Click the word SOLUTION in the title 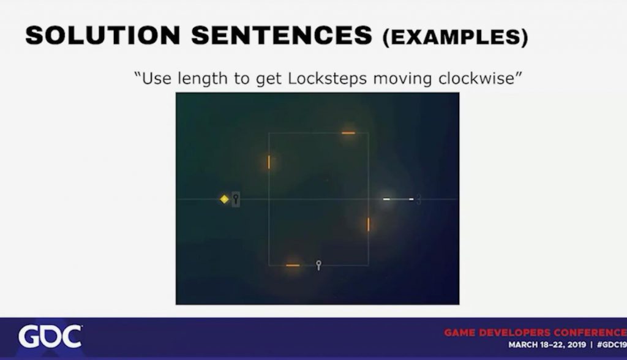click(103, 35)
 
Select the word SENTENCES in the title click(282, 35)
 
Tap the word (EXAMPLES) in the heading click(455, 37)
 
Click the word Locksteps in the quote click(327, 78)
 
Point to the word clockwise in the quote click(476, 78)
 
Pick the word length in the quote click(202, 78)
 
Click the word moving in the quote click(402, 79)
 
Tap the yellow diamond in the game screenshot click(224, 199)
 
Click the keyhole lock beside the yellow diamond click(236, 199)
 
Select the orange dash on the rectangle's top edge click(348, 133)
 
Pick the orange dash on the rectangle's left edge click(269, 162)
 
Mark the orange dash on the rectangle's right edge click(368, 225)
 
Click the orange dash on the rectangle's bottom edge click(293, 265)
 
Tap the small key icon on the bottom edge click(318, 265)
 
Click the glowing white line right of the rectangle click(398, 199)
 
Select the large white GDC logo click(50, 336)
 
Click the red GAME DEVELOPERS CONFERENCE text click(535, 332)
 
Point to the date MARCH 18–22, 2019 click(547, 345)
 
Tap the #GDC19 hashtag click(612, 345)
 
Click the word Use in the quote click(157, 78)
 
